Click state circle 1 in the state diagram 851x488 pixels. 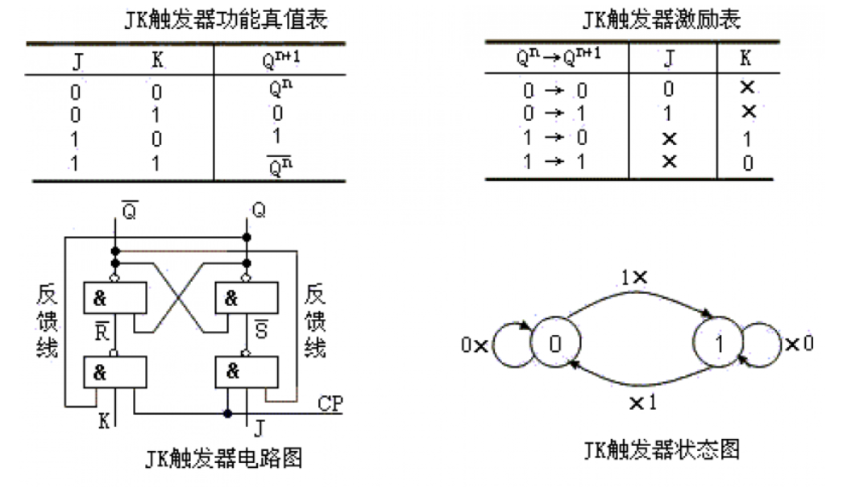pos(719,344)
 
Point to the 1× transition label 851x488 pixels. pos(634,276)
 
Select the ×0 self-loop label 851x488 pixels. pos(799,344)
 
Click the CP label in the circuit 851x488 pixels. pos(330,402)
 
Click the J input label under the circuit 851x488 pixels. pos(259,425)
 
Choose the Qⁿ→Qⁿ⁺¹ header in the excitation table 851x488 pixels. pos(557,56)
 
